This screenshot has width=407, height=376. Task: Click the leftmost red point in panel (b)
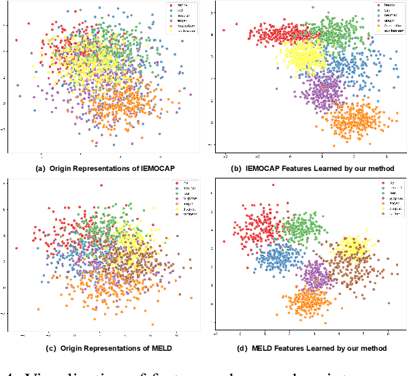click(224, 31)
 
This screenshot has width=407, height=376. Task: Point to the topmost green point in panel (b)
click(332, 7)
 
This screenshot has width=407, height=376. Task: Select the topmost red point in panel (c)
click(101, 185)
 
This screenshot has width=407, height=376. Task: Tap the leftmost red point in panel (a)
click(16, 40)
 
